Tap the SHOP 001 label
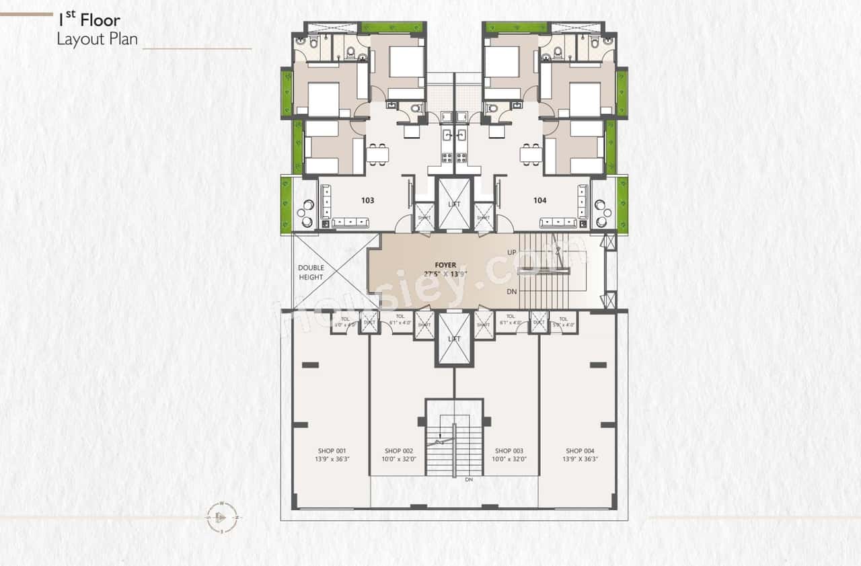click(332, 450)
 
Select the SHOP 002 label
click(399, 450)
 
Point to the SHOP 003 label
click(509, 450)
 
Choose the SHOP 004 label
click(579, 450)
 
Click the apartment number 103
click(367, 200)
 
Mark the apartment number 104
click(540, 200)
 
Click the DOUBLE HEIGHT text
click(311, 272)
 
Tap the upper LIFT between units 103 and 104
click(454, 204)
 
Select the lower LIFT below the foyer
click(454, 339)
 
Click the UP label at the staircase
click(513, 252)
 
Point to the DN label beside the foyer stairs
click(513, 292)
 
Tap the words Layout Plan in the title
click(97, 39)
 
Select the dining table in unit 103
click(377, 155)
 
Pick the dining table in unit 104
click(531, 155)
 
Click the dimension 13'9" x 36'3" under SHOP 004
click(579, 460)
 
